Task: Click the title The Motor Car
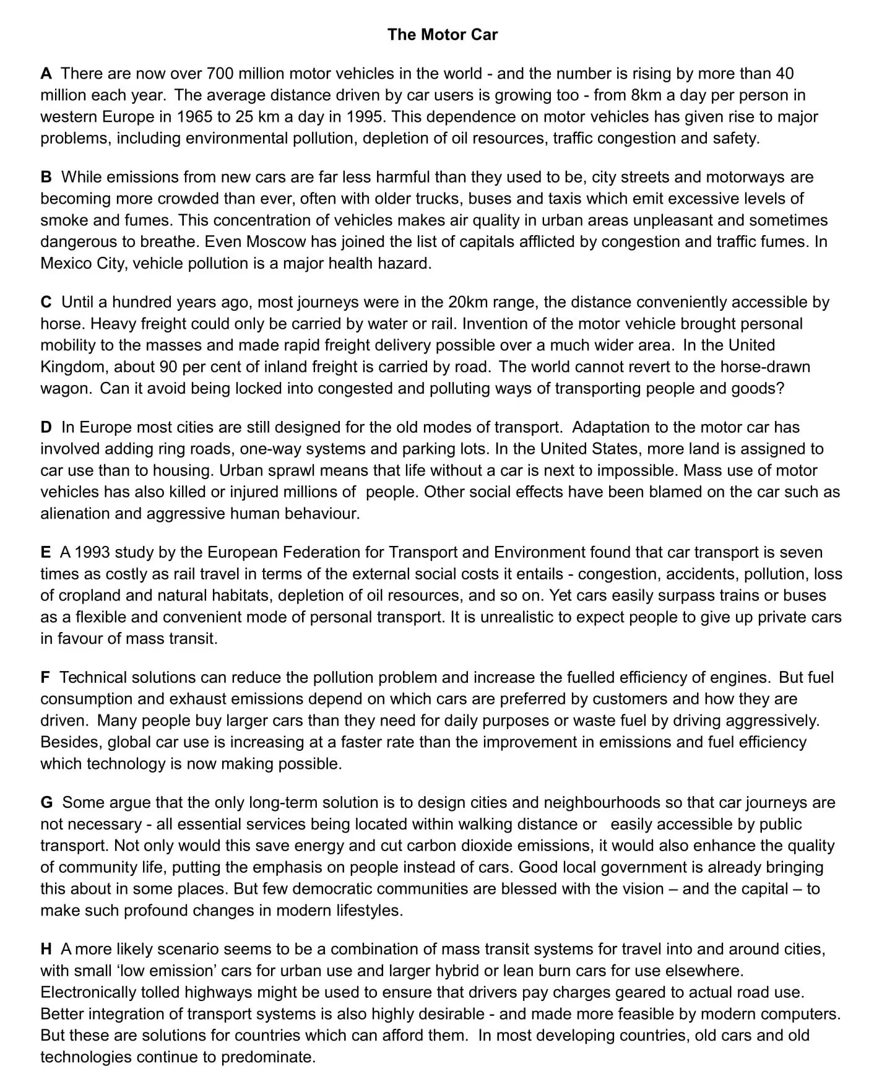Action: [x=442, y=35]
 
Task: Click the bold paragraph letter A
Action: [x=46, y=74]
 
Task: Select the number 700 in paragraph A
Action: [x=220, y=74]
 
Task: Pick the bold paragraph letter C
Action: [x=46, y=302]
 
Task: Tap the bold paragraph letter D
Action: [x=46, y=427]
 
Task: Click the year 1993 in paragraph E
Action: [x=92, y=552]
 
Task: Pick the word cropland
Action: [x=89, y=595]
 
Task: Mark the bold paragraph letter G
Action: [x=46, y=802]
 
